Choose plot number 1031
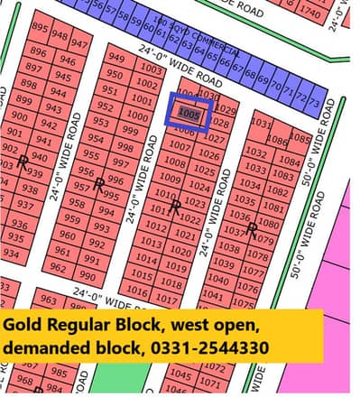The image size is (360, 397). (x=261, y=123)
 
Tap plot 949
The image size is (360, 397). (x=116, y=59)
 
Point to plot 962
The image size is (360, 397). (x=58, y=268)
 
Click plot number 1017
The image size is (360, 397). (x=166, y=298)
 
